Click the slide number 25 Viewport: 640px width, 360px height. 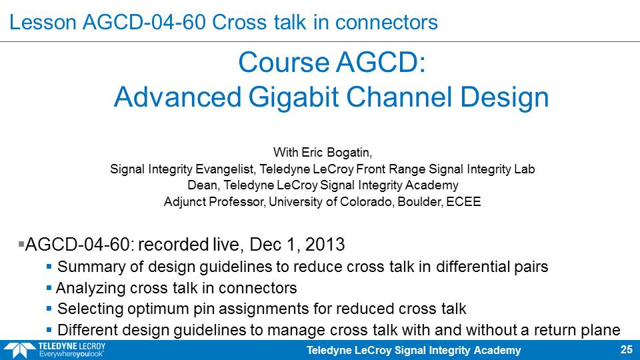[626, 350]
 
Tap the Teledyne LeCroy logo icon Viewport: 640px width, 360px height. [19, 351]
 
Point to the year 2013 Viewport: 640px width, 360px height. [325, 245]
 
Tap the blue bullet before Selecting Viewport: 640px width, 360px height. [49, 309]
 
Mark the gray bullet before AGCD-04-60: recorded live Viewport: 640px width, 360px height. [21, 244]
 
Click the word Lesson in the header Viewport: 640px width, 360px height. [43, 22]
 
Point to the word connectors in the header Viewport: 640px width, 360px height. [387, 22]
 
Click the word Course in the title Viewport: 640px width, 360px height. [284, 63]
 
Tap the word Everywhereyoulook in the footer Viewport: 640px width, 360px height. [71, 354]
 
